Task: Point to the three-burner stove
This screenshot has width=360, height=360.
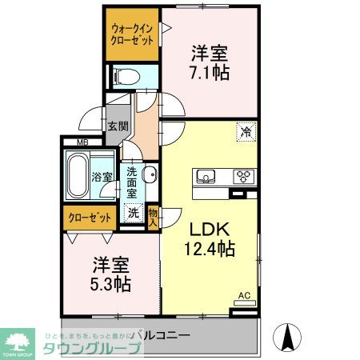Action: pos(243,177)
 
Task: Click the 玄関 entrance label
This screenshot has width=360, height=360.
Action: pos(118,126)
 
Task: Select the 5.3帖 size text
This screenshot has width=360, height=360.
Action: pos(111,283)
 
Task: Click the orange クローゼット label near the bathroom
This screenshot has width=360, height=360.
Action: pos(88,217)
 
